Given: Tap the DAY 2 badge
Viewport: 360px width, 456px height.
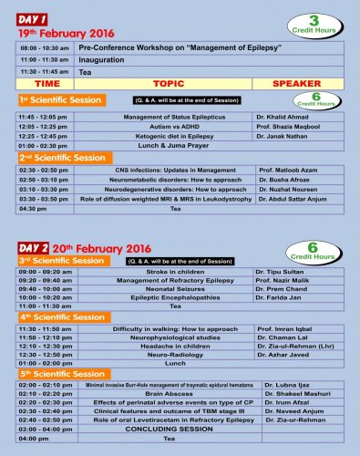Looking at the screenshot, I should click(34, 247).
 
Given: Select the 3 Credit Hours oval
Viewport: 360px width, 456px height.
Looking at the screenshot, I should click(319, 23).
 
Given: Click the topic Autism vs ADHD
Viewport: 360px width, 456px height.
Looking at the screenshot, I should click(162, 127).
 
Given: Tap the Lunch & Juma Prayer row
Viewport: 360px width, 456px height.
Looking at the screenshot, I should click(162, 145).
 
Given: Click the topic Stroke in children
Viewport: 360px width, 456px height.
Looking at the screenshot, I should click(162, 272).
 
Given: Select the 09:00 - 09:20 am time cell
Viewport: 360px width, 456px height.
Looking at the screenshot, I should click(43, 272).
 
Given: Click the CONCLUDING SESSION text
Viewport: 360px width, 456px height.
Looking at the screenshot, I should click(162, 428).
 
